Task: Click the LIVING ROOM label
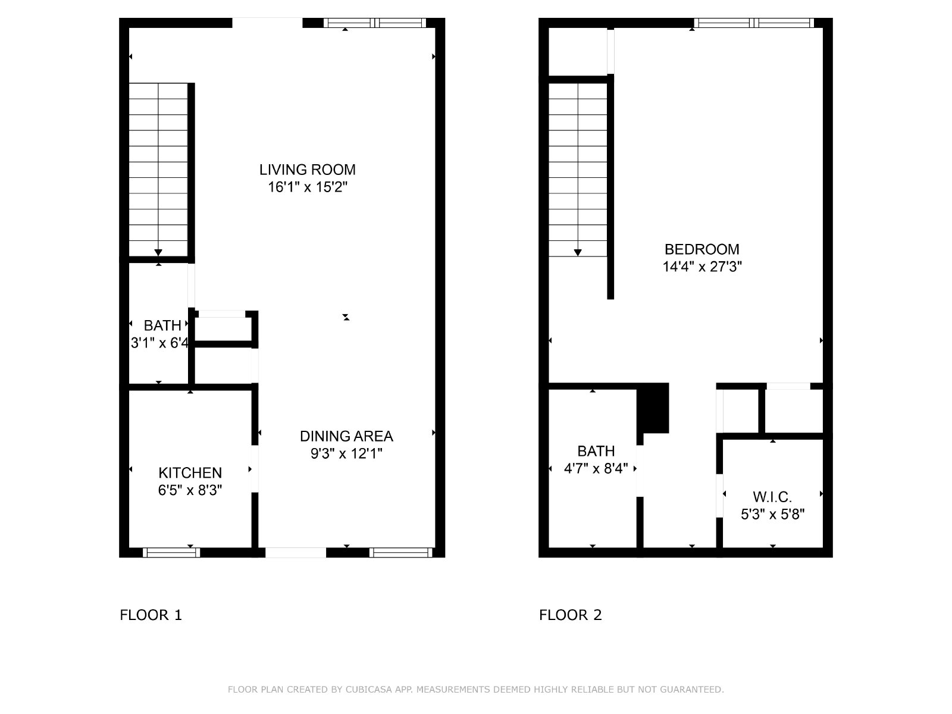[307, 170]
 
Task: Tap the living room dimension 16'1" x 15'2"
[308, 187]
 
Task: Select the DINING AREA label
[346, 436]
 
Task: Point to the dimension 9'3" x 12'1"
[346, 453]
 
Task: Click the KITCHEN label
[190, 472]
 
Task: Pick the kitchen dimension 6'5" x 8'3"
[190, 490]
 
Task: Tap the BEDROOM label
[702, 249]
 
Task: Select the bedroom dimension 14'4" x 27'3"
[702, 267]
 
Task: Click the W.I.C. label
[772, 497]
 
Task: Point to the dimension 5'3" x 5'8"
[772, 515]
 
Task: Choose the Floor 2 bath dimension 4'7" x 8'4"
[596, 469]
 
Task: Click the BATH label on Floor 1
[162, 325]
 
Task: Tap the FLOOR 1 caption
[151, 615]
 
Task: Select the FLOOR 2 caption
[571, 615]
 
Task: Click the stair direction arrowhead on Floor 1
[158, 253]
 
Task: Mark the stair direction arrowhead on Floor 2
[578, 253]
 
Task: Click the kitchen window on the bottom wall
[171, 553]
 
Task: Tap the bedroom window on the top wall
[754, 23]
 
